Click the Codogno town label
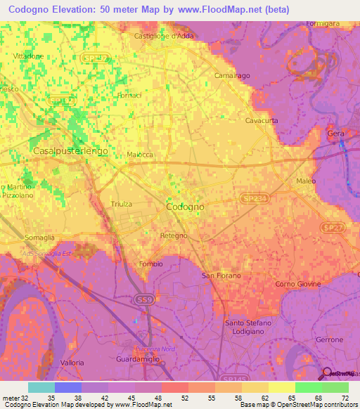[x=185, y=207]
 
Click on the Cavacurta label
[x=262, y=120]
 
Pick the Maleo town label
[x=305, y=181]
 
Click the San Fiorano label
[x=222, y=275]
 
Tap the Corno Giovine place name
[x=293, y=283]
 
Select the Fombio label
[x=151, y=264]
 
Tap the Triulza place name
[x=122, y=204]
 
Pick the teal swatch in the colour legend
[x=41, y=387]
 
